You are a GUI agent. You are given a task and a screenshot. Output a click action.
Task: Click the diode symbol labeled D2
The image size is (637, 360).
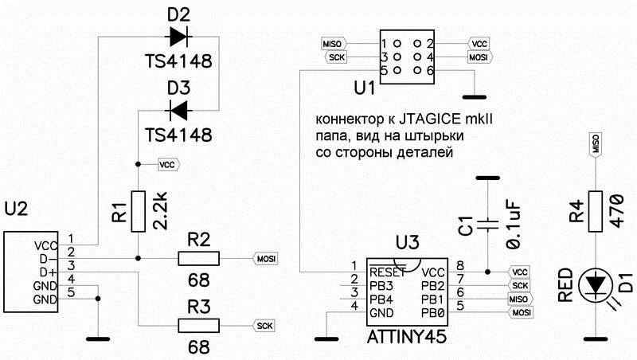tap(178, 35)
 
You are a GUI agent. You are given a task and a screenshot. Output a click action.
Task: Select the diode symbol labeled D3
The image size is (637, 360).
tap(178, 108)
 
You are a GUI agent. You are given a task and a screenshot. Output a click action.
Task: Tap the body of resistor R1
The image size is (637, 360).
tap(138, 212)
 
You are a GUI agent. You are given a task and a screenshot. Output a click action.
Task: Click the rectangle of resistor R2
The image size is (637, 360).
tap(197, 258)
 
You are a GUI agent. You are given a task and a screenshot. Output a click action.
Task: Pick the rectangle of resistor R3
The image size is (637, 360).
tap(197, 325)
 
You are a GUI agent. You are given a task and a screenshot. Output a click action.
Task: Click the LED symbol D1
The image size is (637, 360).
tap(595, 284)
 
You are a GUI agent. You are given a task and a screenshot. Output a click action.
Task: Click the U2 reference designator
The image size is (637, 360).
tap(17, 209)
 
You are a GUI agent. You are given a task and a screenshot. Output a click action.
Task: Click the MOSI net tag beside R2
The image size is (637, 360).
tap(265, 258)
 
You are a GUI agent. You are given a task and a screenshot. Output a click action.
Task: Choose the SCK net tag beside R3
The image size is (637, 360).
tap(264, 325)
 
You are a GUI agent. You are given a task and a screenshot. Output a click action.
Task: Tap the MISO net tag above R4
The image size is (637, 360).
tap(595, 144)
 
